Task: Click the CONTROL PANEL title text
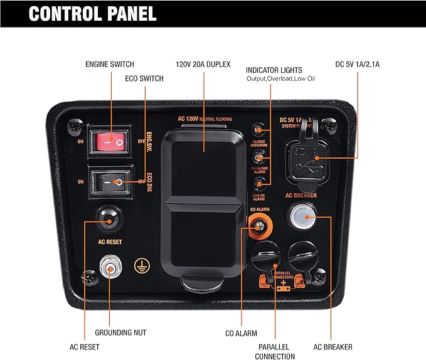point(93,13)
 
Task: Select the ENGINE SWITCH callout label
point(110,64)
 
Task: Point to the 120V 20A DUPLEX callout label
point(203,64)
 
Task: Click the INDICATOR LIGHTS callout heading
point(274,70)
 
